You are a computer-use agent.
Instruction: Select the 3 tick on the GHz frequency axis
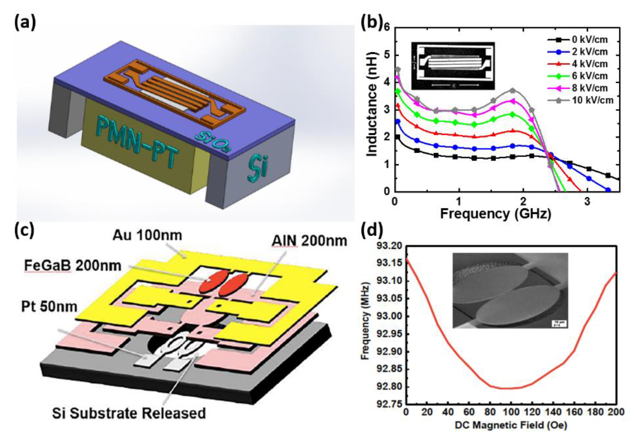point(587,201)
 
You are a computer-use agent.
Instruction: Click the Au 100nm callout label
point(147,236)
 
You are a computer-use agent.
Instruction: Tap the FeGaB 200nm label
point(73,266)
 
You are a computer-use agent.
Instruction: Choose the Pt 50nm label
point(49,307)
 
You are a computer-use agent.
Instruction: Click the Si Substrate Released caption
point(129,413)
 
